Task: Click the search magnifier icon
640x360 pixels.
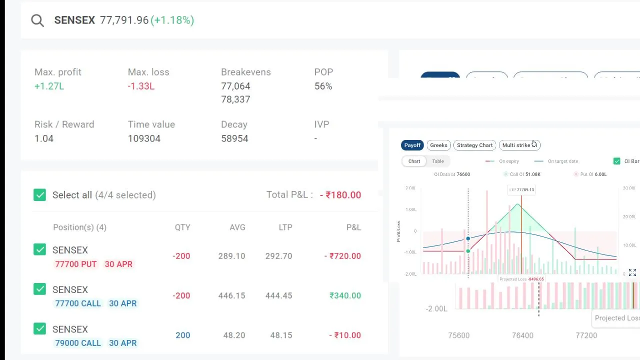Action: pyautogui.click(x=37, y=20)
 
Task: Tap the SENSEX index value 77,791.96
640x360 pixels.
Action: pyautogui.click(x=124, y=20)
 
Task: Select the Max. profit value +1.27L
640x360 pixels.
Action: pyautogui.click(x=49, y=86)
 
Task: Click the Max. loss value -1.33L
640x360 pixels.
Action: pyautogui.click(x=141, y=86)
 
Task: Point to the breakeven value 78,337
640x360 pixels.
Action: pyautogui.click(x=235, y=99)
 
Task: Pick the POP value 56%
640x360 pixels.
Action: pyautogui.click(x=323, y=86)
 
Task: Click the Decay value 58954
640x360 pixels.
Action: pyautogui.click(x=234, y=138)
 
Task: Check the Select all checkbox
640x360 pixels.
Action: pyautogui.click(x=39, y=195)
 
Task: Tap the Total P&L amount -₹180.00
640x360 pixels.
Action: pyautogui.click(x=340, y=195)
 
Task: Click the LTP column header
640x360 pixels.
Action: pyautogui.click(x=285, y=227)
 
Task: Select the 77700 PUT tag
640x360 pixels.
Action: pyautogui.click(x=76, y=264)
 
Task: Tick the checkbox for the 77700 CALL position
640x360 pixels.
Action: pyautogui.click(x=39, y=289)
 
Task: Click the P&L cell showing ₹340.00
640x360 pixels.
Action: pyautogui.click(x=345, y=296)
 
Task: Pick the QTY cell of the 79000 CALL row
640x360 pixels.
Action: pyautogui.click(x=182, y=335)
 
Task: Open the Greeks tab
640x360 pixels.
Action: pyautogui.click(x=438, y=145)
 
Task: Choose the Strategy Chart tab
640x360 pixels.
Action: pyautogui.click(x=474, y=145)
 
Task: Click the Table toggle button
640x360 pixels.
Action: pyautogui.click(x=438, y=161)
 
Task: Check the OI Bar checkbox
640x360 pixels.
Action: pyautogui.click(x=617, y=161)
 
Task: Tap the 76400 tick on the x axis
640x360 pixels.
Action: pyautogui.click(x=522, y=335)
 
